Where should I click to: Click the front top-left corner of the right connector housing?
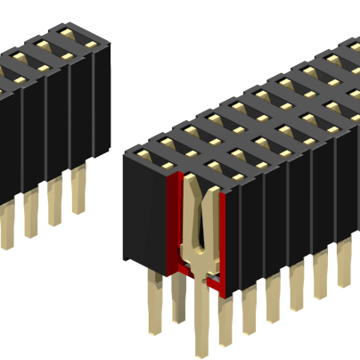point(124,154)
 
